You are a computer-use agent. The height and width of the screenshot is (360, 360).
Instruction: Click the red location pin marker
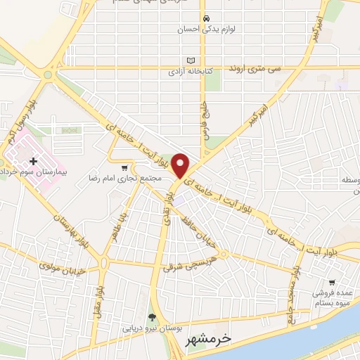pos(181,165)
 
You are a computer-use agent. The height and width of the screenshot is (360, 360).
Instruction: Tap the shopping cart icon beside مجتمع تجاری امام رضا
pos(124,168)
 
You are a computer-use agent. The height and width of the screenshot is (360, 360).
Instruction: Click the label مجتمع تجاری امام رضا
pos(121,179)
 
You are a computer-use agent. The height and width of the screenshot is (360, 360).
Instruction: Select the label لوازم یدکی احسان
pos(205,30)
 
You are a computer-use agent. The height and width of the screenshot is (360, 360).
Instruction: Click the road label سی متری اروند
pos(254,69)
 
